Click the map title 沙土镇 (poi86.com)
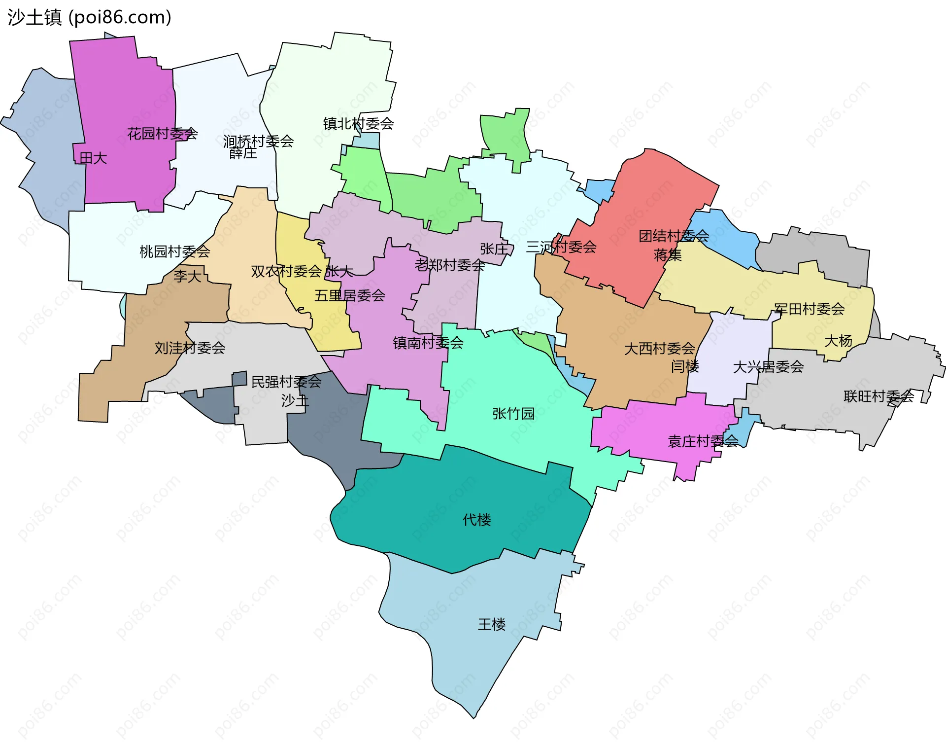pyautogui.click(x=89, y=17)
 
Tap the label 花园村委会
pyautogui.click(x=162, y=134)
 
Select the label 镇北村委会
pyautogui.click(x=358, y=124)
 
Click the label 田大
pyautogui.click(x=93, y=158)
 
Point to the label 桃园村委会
pyautogui.click(x=174, y=252)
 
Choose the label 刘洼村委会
pyautogui.click(x=190, y=348)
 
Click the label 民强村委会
pyautogui.click(x=286, y=382)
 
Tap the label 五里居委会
pyautogui.click(x=349, y=296)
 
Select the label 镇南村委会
pyautogui.click(x=428, y=343)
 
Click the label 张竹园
pyautogui.click(x=513, y=414)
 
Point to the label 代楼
pyautogui.click(x=476, y=520)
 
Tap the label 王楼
pyautogui.click(x=491, y=625)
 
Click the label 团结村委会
pyautogui.click(x=674, y=236)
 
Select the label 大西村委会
pyautogui.click(x=659, y=349)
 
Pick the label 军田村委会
pyautogui.click(x=809, y=309)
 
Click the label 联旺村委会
pyautogui.click(x=878, y=396)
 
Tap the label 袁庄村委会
pyautogui.click(x=703, y=441)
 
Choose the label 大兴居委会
pyautogui.click(x=768, y=367)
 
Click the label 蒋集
pyautogui.click(x=668, y=255)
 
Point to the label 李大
pyautogui.click(x=187, y=276)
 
